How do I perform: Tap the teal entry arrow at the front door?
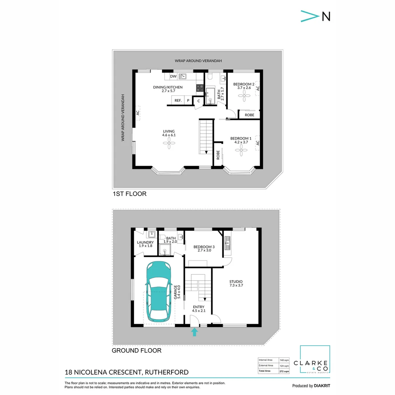[x=195, y=332]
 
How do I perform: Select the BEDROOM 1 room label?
[x=241, y=138]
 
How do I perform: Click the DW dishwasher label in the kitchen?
[x=173, y=76]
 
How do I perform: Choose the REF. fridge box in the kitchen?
[x=178, y=100]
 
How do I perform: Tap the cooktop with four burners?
[x=200, y=88]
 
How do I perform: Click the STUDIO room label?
[x=236, y=281]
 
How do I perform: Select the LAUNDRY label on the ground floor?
[x=145, y=242]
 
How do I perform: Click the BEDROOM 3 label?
[x=204, y=247]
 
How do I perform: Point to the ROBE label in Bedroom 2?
[x=249, y=115]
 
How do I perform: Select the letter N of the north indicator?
[x=326, y=16]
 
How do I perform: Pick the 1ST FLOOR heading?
[x=129, y=194]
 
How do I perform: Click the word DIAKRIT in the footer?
[x=322, y=385]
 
